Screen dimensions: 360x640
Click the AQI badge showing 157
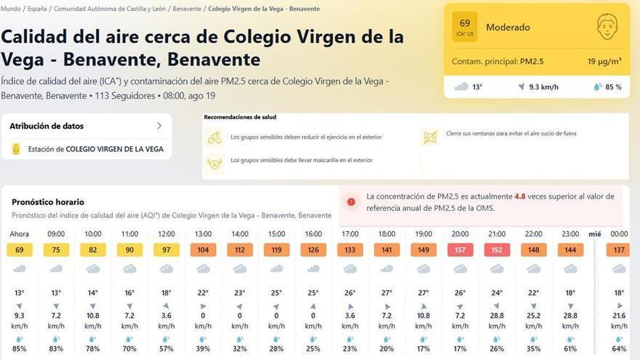(x=460, y=249)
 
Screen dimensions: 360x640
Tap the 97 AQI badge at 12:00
(x=167, y=249)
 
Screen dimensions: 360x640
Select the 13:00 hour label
(x=203, y=234)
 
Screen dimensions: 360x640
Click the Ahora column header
(x=20, y=234)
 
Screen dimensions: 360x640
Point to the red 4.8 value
(x=520, y=196)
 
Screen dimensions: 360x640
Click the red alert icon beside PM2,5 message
(x=351, y=201)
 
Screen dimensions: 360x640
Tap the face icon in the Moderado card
(x=606, y=28)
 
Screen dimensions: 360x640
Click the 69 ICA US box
(x=465, y=27)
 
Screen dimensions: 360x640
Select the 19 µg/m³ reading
(x=604, y=62)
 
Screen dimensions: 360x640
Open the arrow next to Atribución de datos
(x=159, y=126)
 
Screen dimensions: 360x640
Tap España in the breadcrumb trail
(x=36, y=9)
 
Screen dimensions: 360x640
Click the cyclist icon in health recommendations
(x=215, y=137)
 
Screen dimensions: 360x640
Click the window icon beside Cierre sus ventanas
(x=430, y=136)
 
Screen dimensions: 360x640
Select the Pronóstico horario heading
(x=48, y=202)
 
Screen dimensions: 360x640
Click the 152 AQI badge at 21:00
(x=497, y=249)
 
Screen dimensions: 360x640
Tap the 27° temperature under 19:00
(x=423, y=293)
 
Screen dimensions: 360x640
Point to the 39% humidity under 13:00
(x=203, y=348)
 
